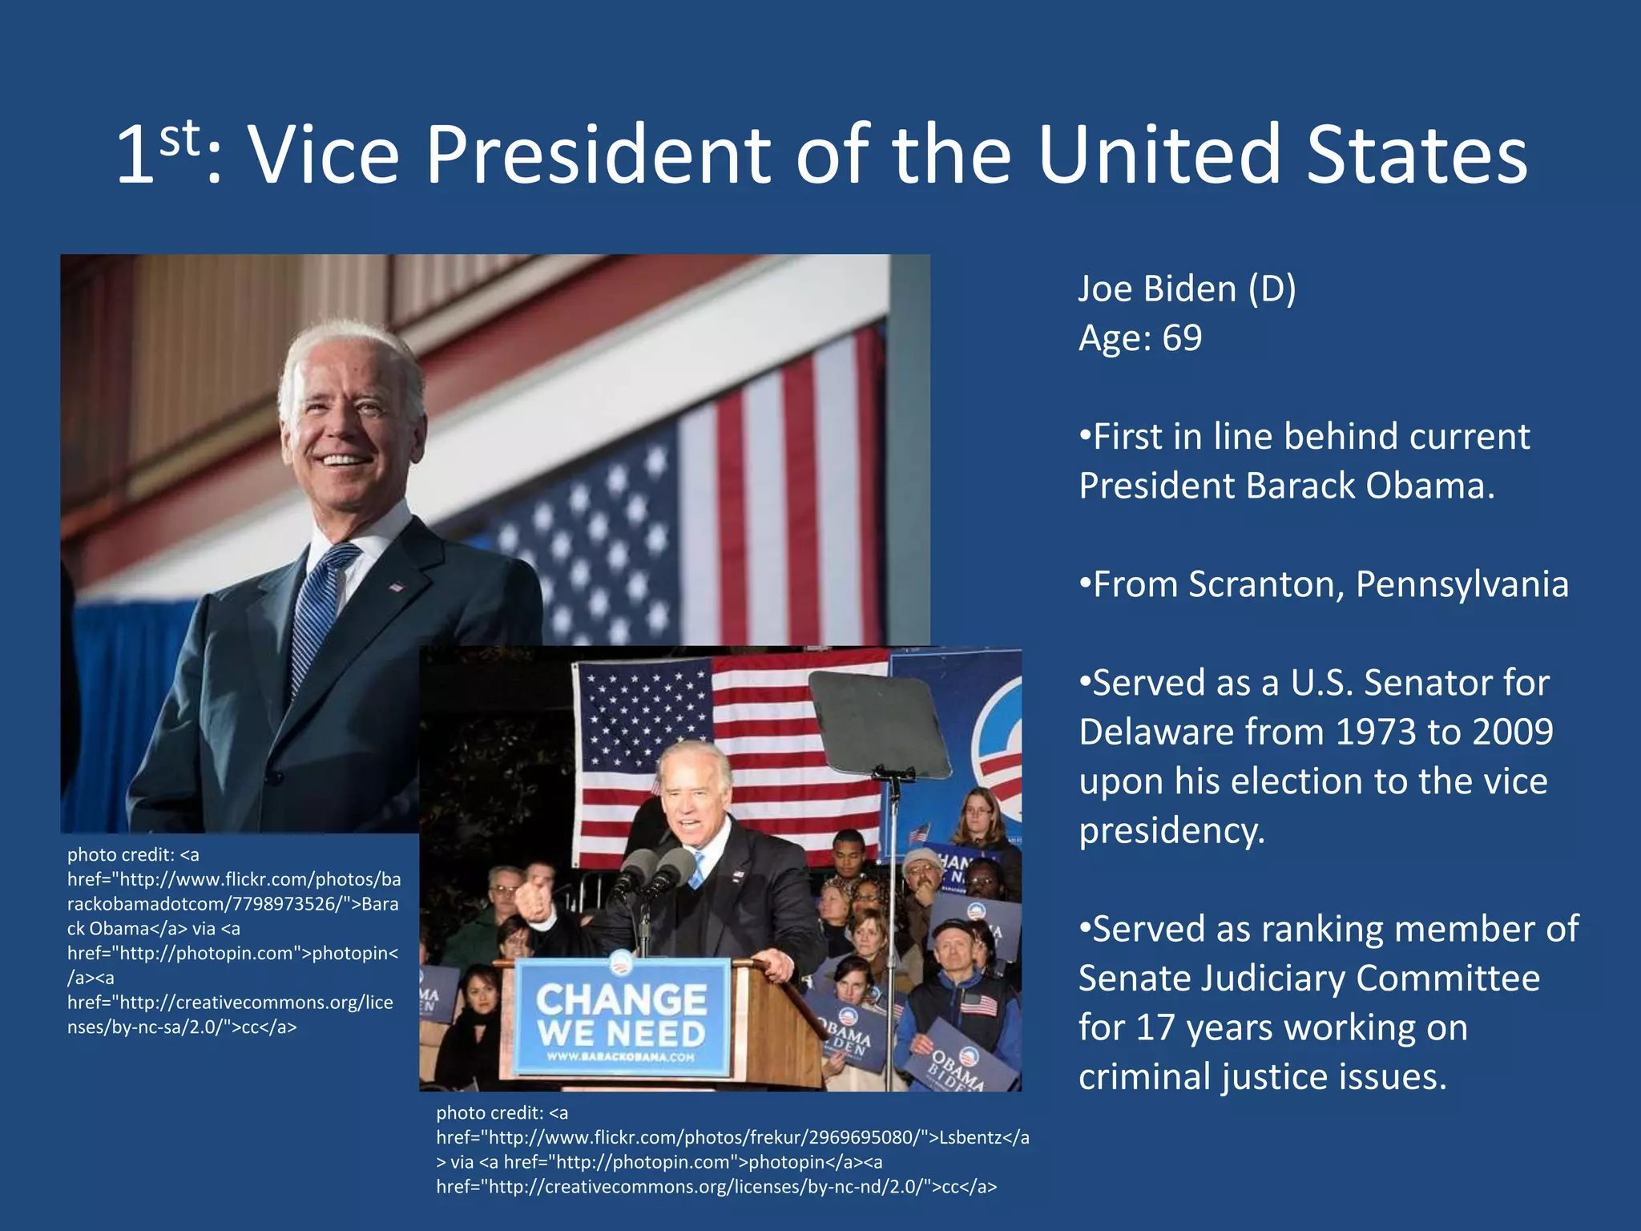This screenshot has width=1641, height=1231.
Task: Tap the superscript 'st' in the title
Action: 179,138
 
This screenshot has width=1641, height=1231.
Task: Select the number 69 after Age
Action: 1182,338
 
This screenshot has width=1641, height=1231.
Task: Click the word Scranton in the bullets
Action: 1266,584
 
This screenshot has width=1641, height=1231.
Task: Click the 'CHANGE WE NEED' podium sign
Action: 622,1016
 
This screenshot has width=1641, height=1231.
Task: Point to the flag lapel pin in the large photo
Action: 396,587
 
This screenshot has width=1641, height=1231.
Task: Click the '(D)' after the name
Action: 1272,289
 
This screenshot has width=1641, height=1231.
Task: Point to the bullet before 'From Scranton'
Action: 1085,584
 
